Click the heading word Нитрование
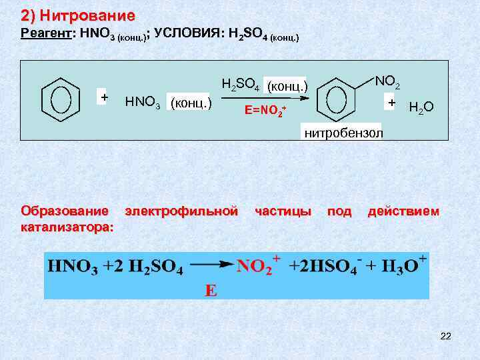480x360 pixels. click(x=87, y=15)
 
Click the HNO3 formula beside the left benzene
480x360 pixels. click(x=143, y=103)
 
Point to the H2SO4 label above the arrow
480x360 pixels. click(x=240, y=85)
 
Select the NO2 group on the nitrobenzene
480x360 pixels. click(x=387, y=82)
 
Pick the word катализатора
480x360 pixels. click(x=67, y=227)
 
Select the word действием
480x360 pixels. click(x=403, y=211)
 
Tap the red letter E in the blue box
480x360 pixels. click(x=211, y=291)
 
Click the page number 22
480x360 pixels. click(x=445, y=336)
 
